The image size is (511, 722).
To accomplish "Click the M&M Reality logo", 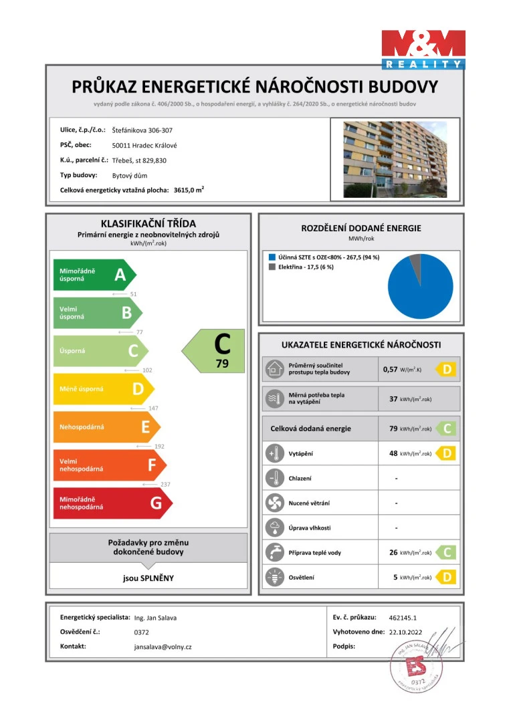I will click(423, 49).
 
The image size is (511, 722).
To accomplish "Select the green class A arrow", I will click(94, 275).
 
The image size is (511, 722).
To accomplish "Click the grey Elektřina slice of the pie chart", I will click(415, 260).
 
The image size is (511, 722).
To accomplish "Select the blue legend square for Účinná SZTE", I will click(272, 257).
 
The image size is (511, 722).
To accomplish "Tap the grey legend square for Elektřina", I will click(272, 267).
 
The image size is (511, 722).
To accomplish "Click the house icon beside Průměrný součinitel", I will click(274, 368).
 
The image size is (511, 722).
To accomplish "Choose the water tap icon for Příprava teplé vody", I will click(274, 553).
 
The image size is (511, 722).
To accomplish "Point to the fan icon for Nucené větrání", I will click(274, 503).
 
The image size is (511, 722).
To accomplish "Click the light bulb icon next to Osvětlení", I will click(274, 577).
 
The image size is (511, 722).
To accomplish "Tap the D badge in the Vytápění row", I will click(447, 454).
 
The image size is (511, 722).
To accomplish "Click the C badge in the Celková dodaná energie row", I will click(447, 429).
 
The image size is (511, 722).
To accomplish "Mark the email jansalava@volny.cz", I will click(163, 647).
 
